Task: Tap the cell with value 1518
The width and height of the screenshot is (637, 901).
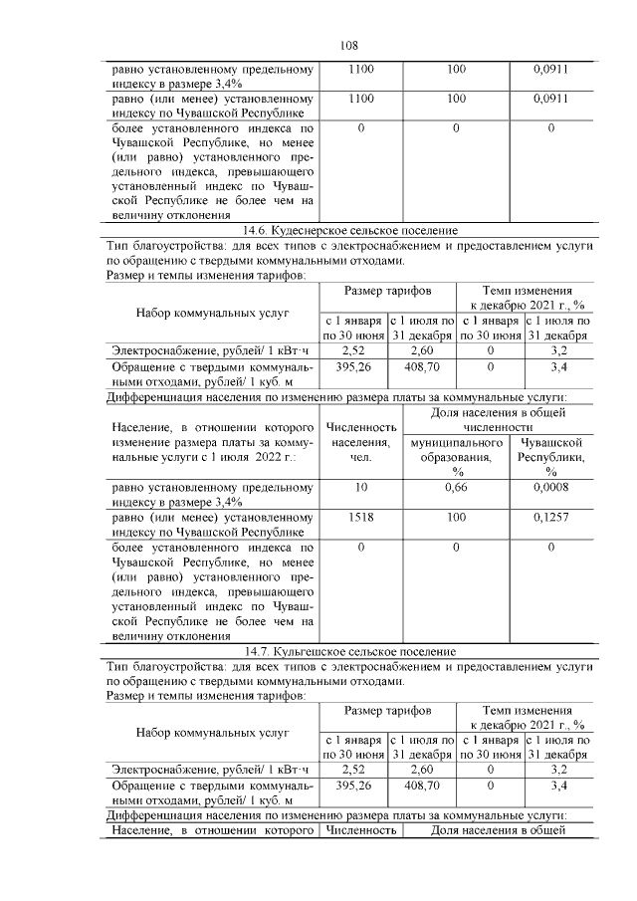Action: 360,518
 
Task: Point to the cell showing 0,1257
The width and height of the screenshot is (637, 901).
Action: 550,518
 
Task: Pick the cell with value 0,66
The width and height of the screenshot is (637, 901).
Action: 456,487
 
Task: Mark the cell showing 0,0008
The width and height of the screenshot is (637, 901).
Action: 550,487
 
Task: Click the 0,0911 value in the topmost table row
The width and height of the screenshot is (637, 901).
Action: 550,71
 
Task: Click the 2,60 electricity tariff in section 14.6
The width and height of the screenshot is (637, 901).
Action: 422,350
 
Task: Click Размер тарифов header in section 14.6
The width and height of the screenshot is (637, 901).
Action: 387,291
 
